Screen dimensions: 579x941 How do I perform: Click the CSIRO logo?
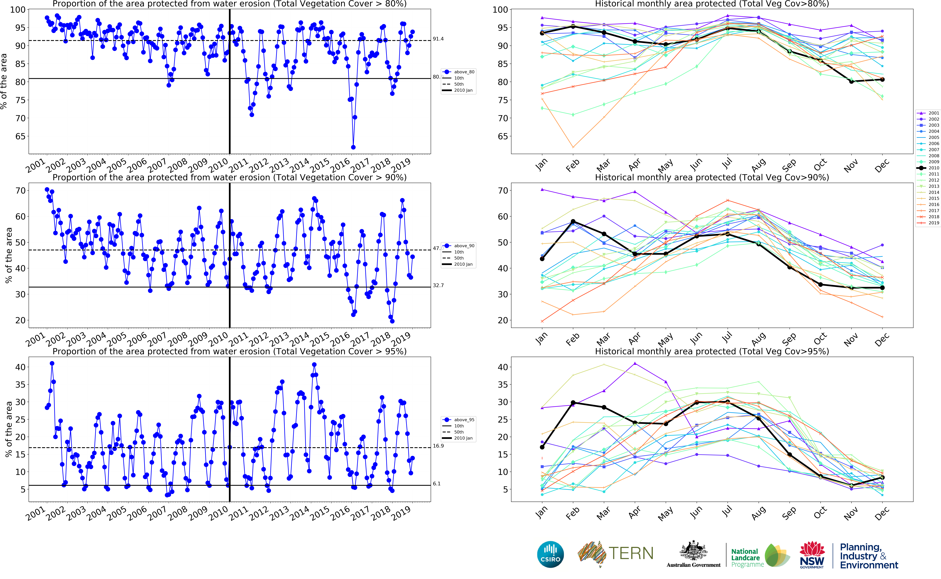coord(550,554)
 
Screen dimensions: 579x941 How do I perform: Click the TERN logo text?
coord(631,553)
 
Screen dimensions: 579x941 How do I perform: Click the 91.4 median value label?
coord(438,39)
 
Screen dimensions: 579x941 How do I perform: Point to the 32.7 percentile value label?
coord(438,285)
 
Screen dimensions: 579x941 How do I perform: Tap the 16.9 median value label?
coord(438,446)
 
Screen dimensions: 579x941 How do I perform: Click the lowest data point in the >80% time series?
coord(353,147)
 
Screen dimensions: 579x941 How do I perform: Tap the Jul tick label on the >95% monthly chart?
coord(727,512)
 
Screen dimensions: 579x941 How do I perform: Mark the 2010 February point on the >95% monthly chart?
coord(573,403)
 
